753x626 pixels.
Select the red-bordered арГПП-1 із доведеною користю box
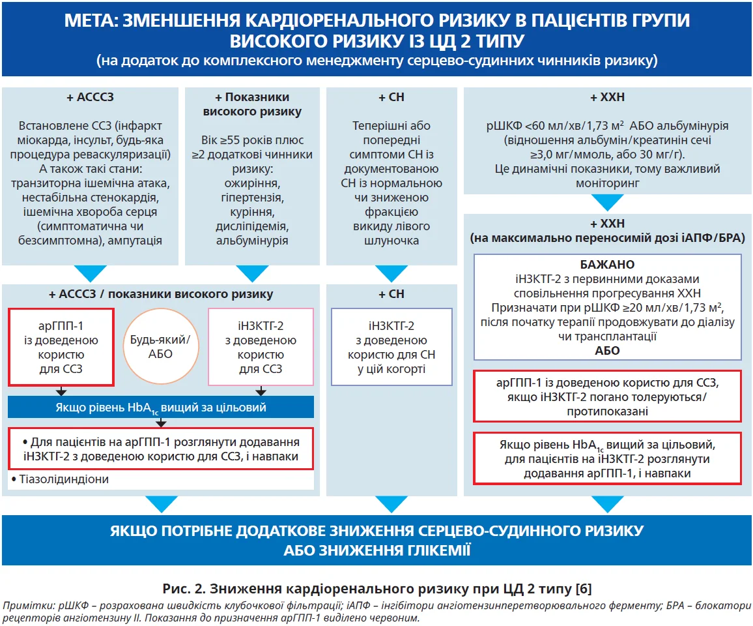pyautogui.click(x=61, y=347)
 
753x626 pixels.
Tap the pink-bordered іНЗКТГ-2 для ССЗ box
pyautogui.click(x=261, y=347)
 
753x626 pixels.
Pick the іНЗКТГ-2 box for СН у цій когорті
pyautogui.click(x=391, y=347)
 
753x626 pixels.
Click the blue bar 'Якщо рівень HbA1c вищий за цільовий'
pyautogui.click(x=161, y=408)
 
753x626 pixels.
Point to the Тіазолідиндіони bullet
pyautogui.click(x=63, y=479)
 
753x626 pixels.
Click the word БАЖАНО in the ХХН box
pyautogui.click(x=607, y=265)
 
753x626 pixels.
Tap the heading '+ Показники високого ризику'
pyautogui.click(x=252, y=104)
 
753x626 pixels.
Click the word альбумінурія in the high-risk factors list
pyautogui.click(x=252, y=241)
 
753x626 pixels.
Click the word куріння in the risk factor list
pyautogui.click(x=252, y=212)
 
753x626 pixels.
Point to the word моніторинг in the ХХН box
pyautogui.click(x=607, y=183)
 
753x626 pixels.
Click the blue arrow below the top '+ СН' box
pyautogui.click(x=391, y=273)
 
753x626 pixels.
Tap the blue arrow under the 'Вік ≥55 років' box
pyautogui.click(x=252, y=273)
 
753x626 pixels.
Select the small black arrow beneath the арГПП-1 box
pyautogui.click(x=61, y=392)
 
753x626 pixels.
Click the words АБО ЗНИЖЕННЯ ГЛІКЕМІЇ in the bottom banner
pyautogui.click(x=376, y=550)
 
